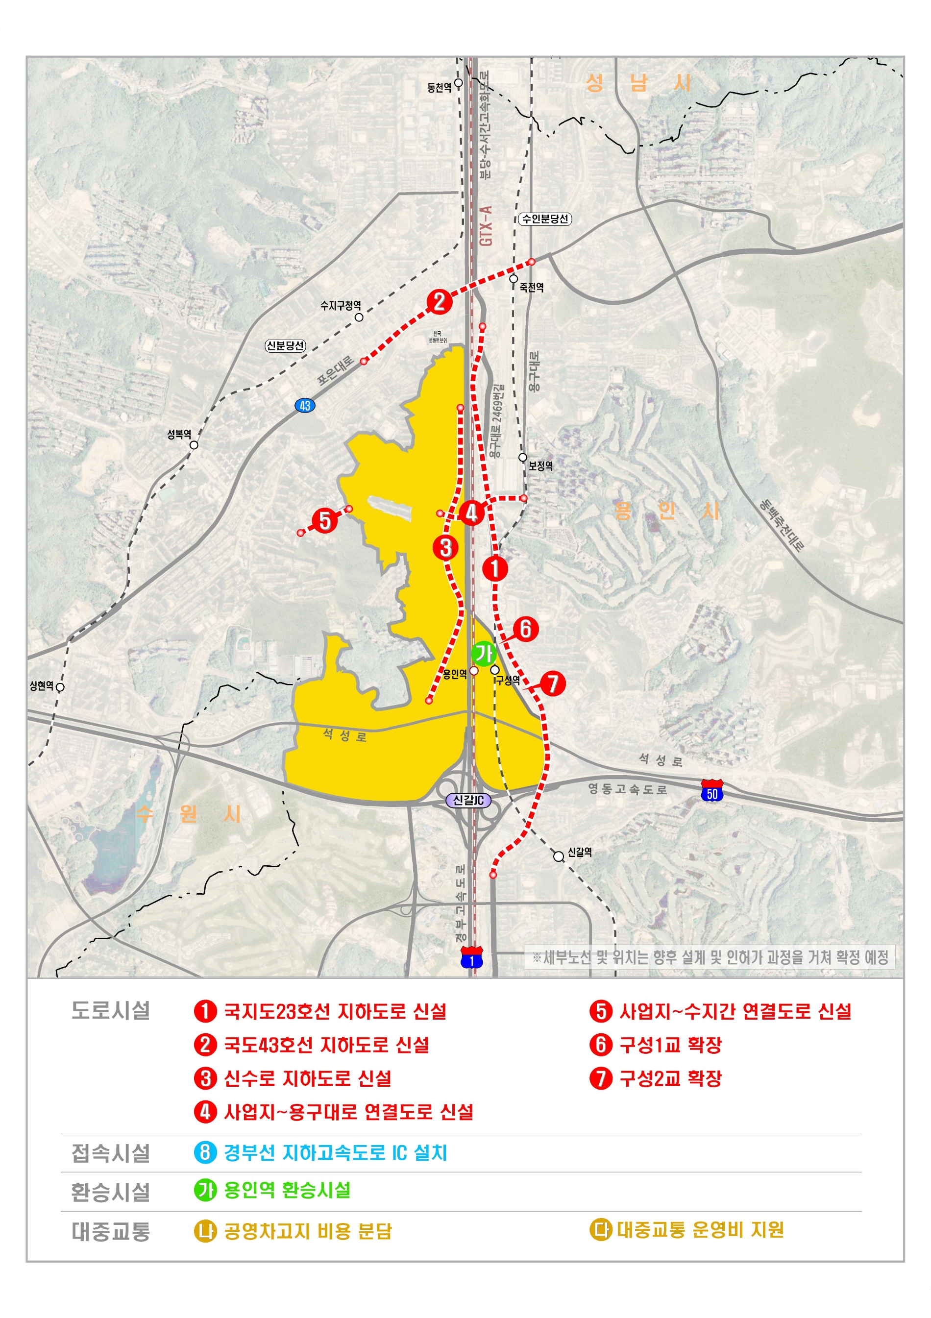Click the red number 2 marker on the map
pyautogui.click(x=439, y=301)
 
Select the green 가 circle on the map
pyautogui.click(x=483, y=653)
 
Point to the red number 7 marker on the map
pyautogui.click(x=553, y=683)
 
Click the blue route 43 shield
pyautogui.click(x=305, y=406)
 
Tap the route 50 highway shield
pyautogui.click(x=712, y=790)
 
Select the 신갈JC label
pyautogui.click(x=468, y=800)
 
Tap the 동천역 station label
pyautogui.click(x=439, y=87)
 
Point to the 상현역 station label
pyautogui.click(x=41, y=685)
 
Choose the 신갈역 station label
pyautogui.click(x=580, y=852)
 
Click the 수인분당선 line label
pyautogui.click(x=545, y=219)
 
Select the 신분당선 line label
pyautogui.click(x=285, y=345)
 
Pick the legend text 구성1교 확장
pyautogui.click(x=670, y=1045)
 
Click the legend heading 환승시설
pyautogui.click(x=110, y=1191)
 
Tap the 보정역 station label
pyautogui.click(x=540, y=465)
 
